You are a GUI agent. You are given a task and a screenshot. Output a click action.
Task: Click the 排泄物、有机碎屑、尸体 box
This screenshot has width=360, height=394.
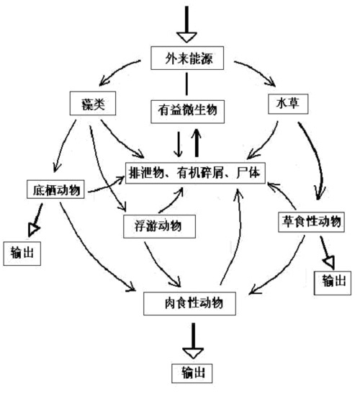click(194, 173)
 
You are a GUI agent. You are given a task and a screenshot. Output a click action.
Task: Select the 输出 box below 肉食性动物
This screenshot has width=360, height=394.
click(192, 374)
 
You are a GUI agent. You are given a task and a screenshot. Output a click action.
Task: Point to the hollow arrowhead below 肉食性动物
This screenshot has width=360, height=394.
click(193, 352)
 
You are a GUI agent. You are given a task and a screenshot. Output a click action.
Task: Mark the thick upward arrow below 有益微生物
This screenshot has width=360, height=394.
click(196, 142)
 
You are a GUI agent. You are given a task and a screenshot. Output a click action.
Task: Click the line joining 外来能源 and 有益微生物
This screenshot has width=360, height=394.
click(187, 84)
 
